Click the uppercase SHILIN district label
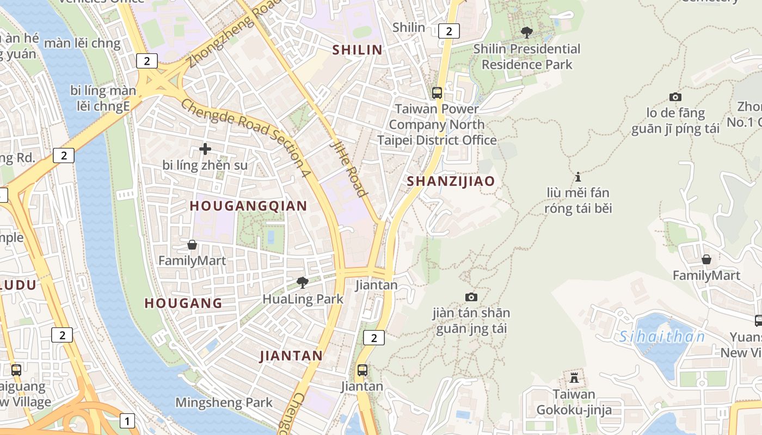pos(357,50)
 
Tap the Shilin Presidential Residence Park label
pos(527,57)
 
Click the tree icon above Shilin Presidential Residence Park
pos(526,32)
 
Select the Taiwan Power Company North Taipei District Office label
pos(437,125)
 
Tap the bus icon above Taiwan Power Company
pos(437,92)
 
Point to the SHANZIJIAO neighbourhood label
pos(451,181)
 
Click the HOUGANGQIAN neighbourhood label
pos(249,206)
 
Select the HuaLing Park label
pos(303,299)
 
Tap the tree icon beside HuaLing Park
pos(302,282)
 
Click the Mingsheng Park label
pos(224,403)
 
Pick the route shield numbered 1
pos(127,420)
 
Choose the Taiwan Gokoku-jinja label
pos(574,402)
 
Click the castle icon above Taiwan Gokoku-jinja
pos(574,377)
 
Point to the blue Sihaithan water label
pos(662,337)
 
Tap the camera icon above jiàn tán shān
pos(471,297)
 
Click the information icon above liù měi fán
pos(578,177)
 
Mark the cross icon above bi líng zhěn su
pos(205,148)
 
